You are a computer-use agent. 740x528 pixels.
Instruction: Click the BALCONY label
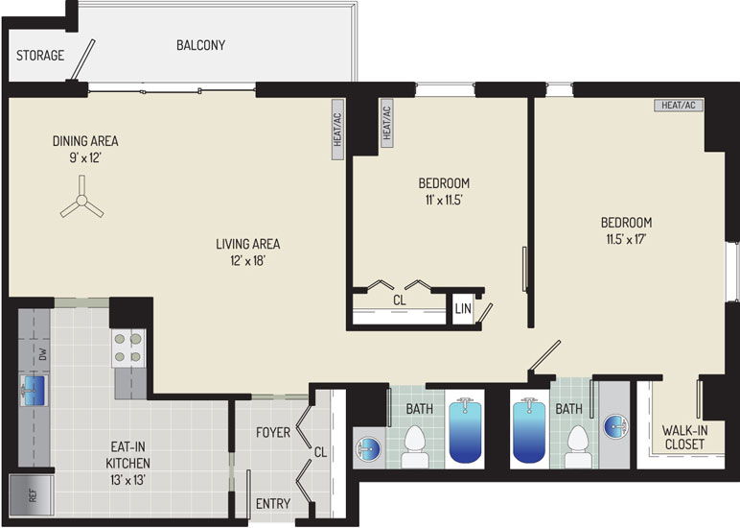point(200,45)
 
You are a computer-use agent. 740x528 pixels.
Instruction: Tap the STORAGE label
point(40,56)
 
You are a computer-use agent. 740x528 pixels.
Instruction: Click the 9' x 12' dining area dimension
point(85,157)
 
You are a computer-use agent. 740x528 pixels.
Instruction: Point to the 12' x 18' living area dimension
point(247,260)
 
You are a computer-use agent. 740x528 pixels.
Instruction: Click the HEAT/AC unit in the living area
point(338,130)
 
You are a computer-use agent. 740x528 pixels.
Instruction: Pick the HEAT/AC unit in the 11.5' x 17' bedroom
point(679,105)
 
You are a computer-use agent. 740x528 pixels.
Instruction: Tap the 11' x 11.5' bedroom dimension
point(444,200)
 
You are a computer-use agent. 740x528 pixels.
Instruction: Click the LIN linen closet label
point(463,309)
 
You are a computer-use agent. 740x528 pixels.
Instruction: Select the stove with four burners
point(128,348)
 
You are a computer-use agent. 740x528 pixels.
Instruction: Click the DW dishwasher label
point(43,354)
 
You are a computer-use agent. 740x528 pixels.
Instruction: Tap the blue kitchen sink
point(34,391)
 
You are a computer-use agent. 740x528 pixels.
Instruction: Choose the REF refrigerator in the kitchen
point(32,495)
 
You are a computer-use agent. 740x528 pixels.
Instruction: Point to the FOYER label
point(273,432)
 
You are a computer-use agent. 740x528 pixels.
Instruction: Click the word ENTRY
point(273,503)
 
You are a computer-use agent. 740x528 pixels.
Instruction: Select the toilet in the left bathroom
point(415,446)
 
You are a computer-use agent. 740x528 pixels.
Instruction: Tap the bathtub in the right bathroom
point(529,431)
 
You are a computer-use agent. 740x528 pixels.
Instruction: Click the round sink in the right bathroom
point(616,426)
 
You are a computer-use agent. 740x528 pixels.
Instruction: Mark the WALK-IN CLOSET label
point(684,437)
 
